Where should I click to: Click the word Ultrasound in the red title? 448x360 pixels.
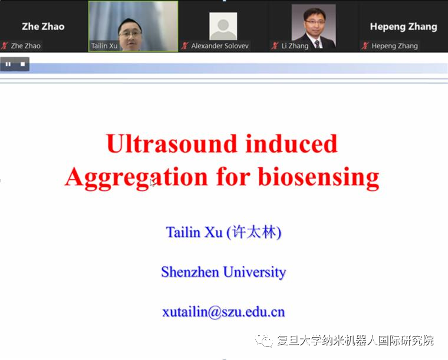pos(172,144)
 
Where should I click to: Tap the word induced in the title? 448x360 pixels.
pos(291,144)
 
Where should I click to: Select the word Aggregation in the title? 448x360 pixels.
pos(136,177)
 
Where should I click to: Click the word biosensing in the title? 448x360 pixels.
pos(318,177)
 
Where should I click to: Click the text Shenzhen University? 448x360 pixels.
pos(223,272)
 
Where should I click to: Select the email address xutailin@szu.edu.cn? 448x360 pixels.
pos(223,312)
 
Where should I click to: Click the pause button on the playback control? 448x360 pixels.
pos(8,64)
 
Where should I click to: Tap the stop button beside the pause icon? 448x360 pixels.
pos(23,64)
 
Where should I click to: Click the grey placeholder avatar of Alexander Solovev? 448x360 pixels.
pos(223,26)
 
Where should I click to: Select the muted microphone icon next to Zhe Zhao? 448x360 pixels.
pos(4,45)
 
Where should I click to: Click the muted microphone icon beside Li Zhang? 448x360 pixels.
pos(275,45)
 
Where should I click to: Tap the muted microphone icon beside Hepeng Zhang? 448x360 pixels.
pos(365,45)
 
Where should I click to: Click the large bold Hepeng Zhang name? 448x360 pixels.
pos(403,27)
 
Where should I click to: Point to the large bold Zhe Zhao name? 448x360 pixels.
pos(43,27)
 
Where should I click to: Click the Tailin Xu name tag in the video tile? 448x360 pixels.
pos(104,46)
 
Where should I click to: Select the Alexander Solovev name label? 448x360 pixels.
pos(220,46)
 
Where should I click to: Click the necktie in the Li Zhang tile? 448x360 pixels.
pos(317,44)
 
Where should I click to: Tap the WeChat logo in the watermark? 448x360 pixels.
pos(263,340)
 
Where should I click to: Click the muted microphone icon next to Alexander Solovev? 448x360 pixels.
pos(185,45)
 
